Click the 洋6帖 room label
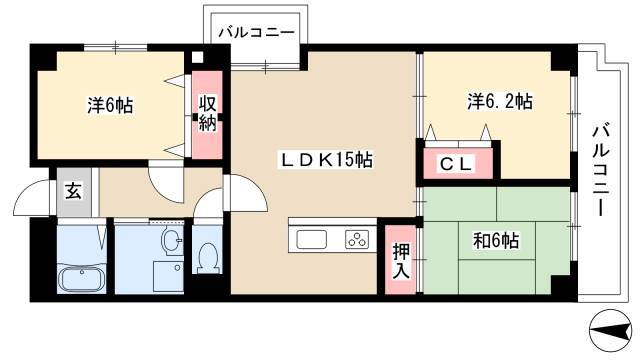(110, 106)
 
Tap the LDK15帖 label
(326, 160)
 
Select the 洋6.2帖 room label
(500, 101)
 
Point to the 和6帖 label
(496, 240)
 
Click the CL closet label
(456, 164)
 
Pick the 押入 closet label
(401, 261)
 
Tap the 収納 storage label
(207, 113)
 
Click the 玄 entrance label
(73, 191)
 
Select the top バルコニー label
(256, 33)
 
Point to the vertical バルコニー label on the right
(601, 170)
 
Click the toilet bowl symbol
(208, 258)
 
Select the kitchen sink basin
(311, 240)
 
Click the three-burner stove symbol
(357, 240)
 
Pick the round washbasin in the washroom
(173, 240)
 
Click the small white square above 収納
(197, 57)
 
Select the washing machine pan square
(168, 277)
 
